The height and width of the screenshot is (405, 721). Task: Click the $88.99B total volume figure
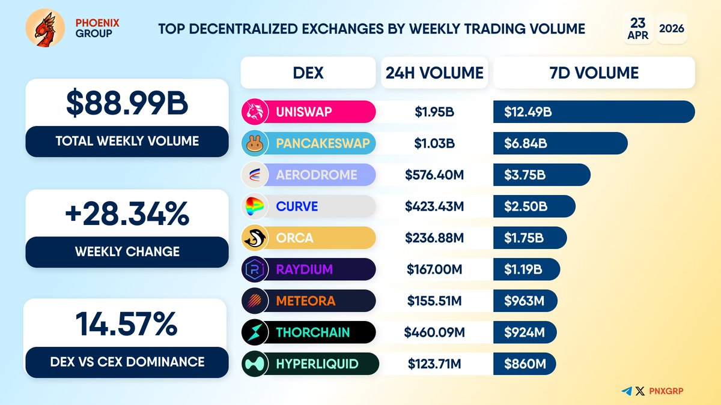pos(127,103)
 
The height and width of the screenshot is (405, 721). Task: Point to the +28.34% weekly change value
pos(127,214)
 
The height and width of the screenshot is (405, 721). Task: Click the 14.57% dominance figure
pos(126,324)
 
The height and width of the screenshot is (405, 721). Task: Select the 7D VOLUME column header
pos(594,73)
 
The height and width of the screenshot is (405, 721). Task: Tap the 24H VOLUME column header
pos(434,73)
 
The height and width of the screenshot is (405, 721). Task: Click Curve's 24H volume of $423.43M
pos(434,206)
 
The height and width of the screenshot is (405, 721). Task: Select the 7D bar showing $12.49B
pos(594,112)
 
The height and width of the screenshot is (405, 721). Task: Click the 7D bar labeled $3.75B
pos(541,175)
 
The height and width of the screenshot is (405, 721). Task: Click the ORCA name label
pos(294,238)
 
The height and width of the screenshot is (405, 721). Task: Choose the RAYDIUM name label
pos(303,269)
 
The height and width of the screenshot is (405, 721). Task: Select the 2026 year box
pos(672,28)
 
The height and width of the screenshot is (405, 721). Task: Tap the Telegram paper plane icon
pos(627,391)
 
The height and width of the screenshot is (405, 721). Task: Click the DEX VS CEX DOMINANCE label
pos(126,362)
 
